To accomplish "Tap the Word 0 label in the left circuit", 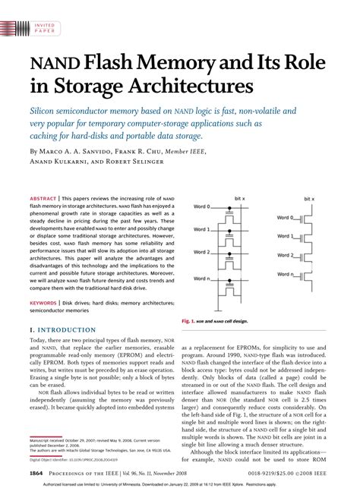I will [201, 206].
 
